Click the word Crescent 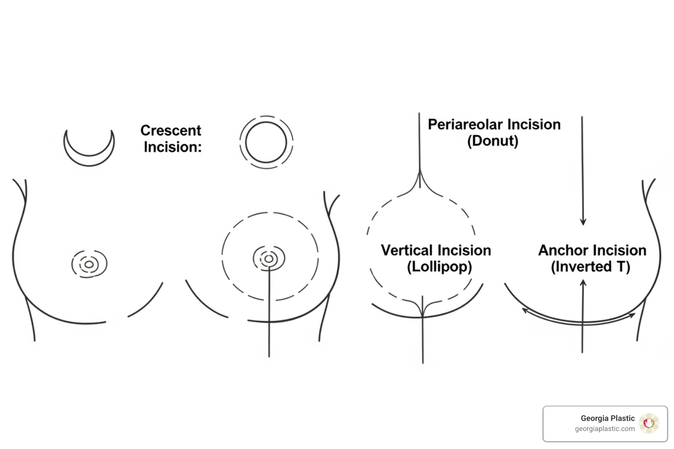point(171,131)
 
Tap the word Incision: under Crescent point(173,147)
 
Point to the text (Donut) point(493,141)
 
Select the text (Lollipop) point(439,267)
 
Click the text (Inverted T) point(590,267)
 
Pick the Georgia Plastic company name point(607,418)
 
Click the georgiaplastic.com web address point(605,429)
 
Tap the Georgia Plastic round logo point(649,424)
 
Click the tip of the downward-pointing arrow point(583,225)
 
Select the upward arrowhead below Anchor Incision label point(583,283)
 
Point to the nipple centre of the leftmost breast point(89,264)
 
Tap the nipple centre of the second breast point(269,259)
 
